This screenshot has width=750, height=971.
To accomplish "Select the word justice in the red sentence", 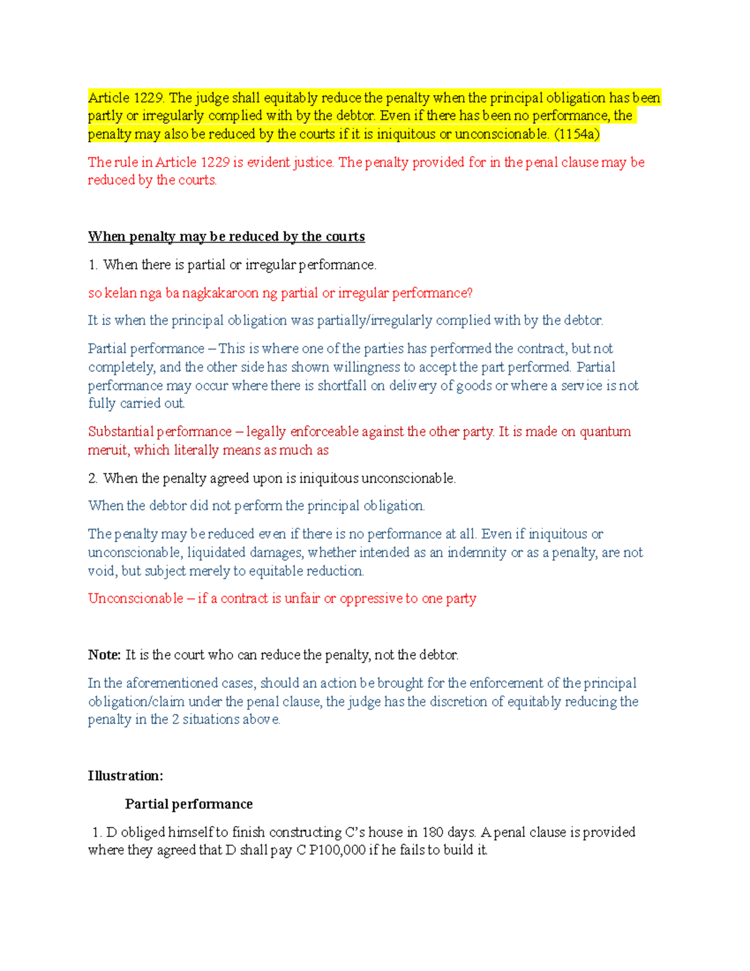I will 314,163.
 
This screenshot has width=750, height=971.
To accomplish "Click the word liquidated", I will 216,553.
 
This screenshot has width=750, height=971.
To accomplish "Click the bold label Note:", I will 104,655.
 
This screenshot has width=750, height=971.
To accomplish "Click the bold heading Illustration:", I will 125,776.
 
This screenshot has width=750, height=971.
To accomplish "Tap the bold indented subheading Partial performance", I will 189,804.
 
